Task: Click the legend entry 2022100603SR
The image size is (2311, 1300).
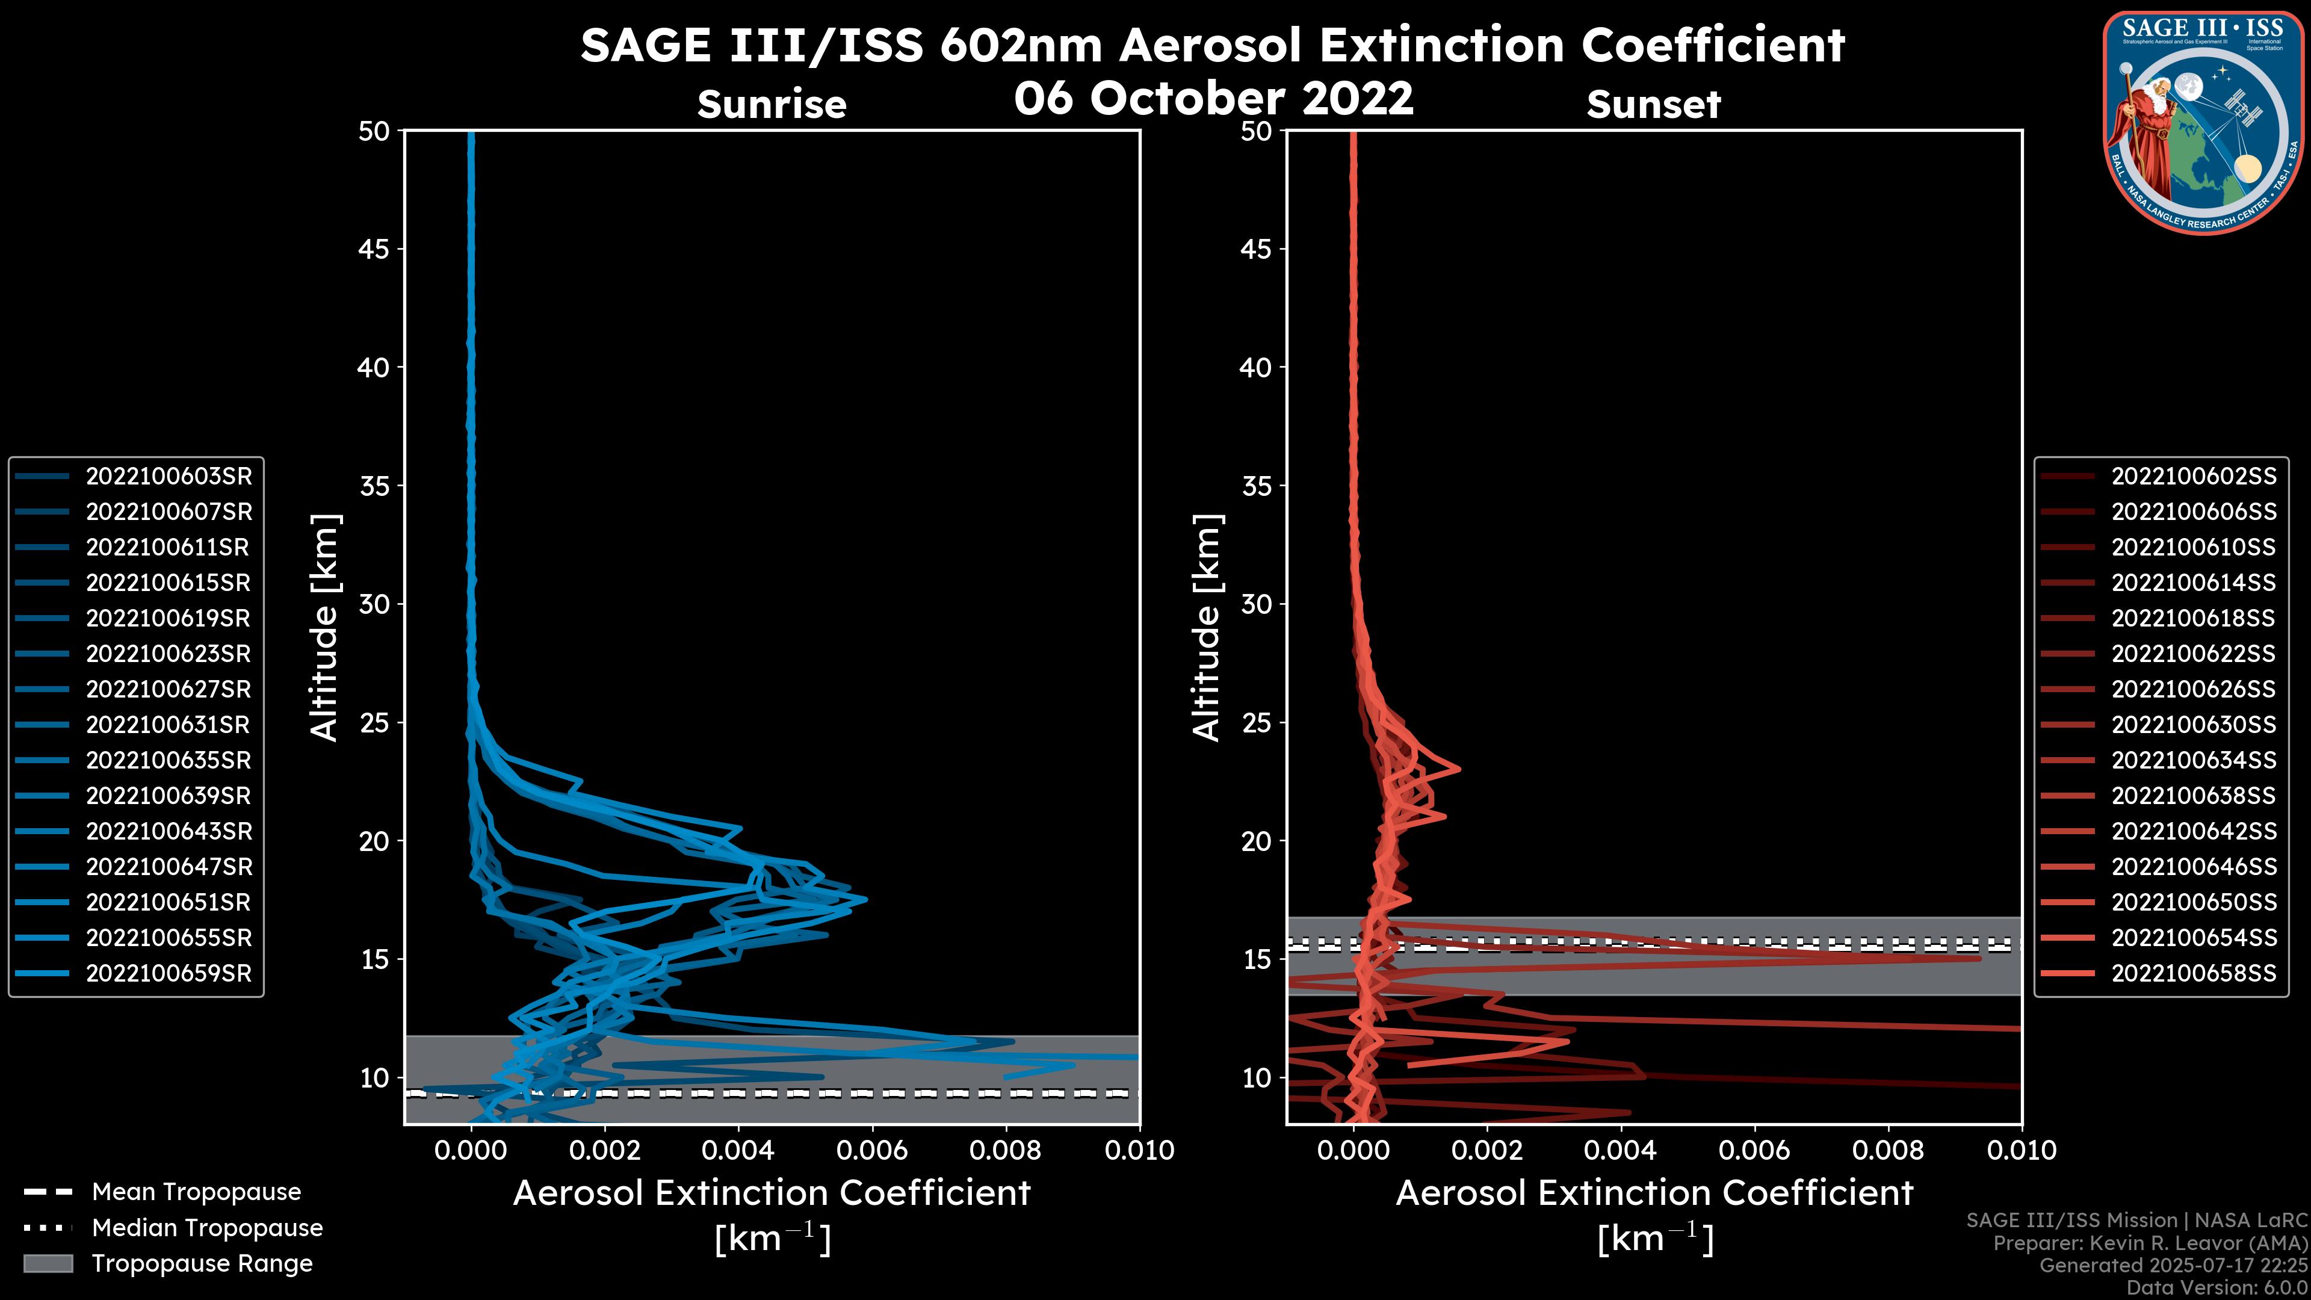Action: (x=169, y=477)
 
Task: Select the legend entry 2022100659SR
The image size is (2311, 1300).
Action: (x=169, y=973)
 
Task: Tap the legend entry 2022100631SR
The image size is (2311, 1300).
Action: (x=169, y=725)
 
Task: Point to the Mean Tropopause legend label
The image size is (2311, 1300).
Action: (x=196, y=1192)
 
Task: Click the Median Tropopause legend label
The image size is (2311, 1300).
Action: (x=207, y=1228)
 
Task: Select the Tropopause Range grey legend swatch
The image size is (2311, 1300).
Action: (x=48, y=1264)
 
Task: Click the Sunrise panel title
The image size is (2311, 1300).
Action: (x=772, y=105)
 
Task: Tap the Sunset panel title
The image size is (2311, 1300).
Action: (x=1653, y=105)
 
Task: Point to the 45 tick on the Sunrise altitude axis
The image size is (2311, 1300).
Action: (x=374, y=249)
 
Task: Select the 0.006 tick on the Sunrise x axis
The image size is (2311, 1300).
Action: (x=872, y=1150)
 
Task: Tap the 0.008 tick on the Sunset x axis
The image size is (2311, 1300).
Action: (x=1889, y=1150)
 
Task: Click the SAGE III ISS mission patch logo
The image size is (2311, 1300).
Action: (x=2204, y=121)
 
